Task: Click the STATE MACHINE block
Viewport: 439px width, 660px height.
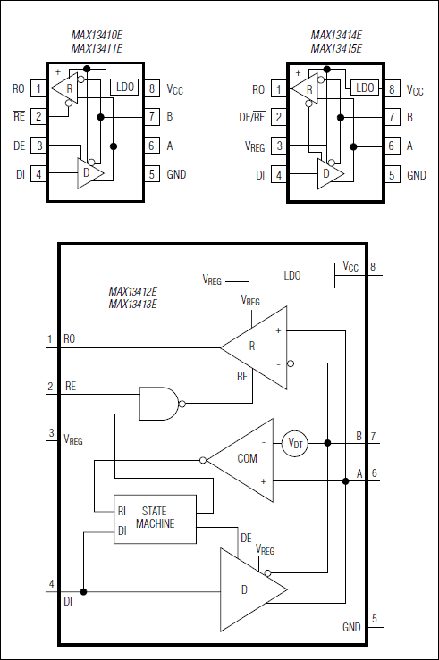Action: [154, 519]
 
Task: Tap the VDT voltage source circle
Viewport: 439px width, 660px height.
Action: [295, 442]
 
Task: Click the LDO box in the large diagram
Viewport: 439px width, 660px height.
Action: [291, 275]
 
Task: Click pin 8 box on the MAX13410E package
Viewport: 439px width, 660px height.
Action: [153, 88]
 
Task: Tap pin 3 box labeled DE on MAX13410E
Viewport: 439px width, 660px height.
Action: [38, 146]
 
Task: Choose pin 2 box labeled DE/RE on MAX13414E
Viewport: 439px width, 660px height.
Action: [279, 117]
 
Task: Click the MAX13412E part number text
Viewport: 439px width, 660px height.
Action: [132, 292]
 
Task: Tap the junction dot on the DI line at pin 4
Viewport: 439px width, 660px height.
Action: [82, 591]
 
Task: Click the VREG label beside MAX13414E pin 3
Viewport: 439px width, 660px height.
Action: [255, 146]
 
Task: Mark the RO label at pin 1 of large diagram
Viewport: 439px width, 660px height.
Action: [70, 339]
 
